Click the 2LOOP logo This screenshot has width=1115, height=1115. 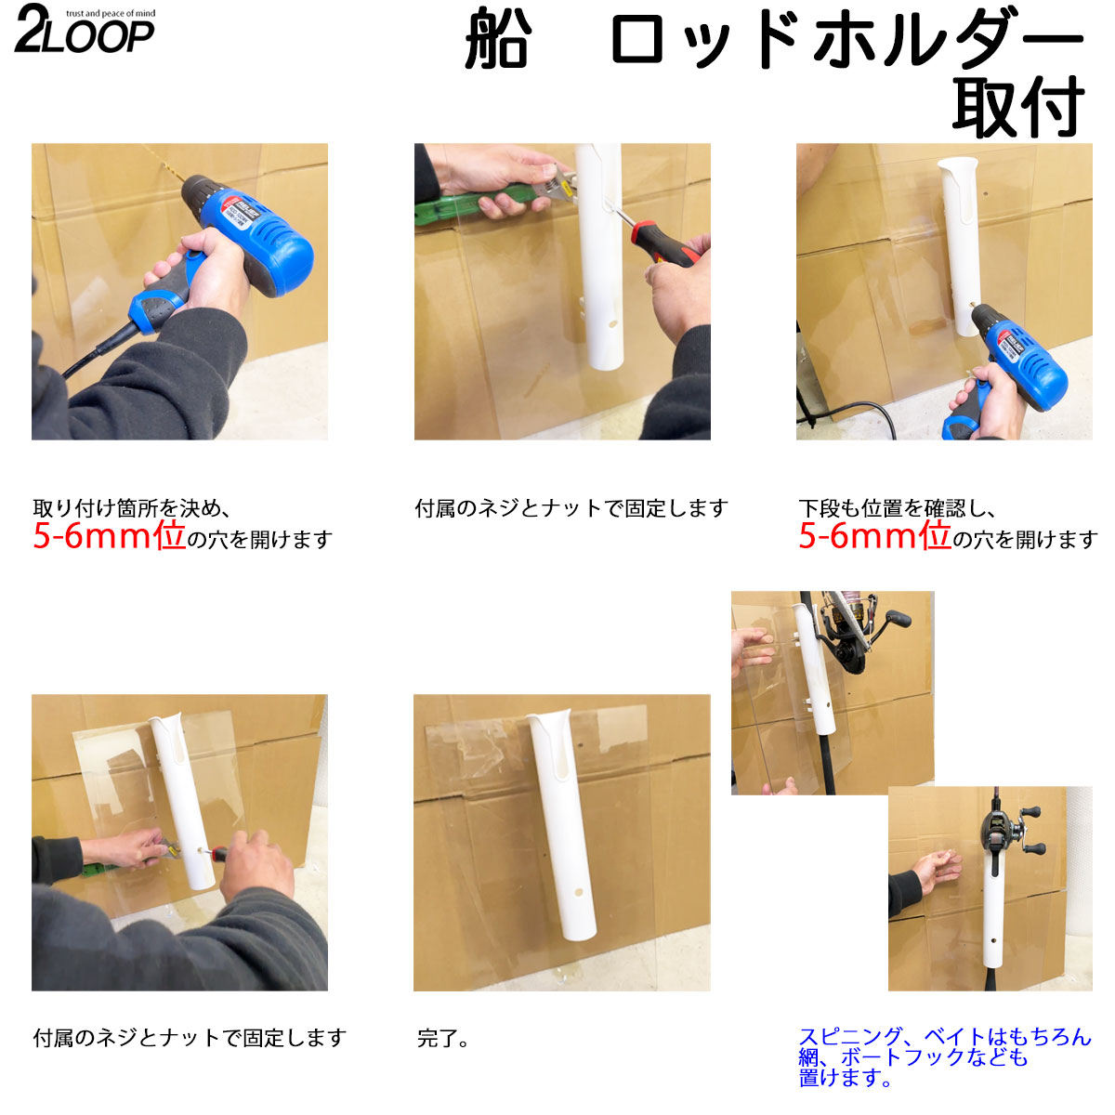(85, 29)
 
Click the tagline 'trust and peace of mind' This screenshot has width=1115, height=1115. (111, 13)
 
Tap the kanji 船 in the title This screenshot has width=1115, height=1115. (498, 39)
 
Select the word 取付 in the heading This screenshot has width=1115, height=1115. (1017, 107)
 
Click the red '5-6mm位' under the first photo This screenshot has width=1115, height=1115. (110, 536)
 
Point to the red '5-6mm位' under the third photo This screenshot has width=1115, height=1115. (875, 536)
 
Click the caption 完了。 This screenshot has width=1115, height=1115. (442, 1039)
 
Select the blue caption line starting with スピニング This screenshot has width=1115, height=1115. (945, 1036)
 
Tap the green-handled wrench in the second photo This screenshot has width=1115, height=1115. (492, 195)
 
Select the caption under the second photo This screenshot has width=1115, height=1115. (571, 508)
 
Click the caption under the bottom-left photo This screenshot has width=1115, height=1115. (190, 1038)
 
